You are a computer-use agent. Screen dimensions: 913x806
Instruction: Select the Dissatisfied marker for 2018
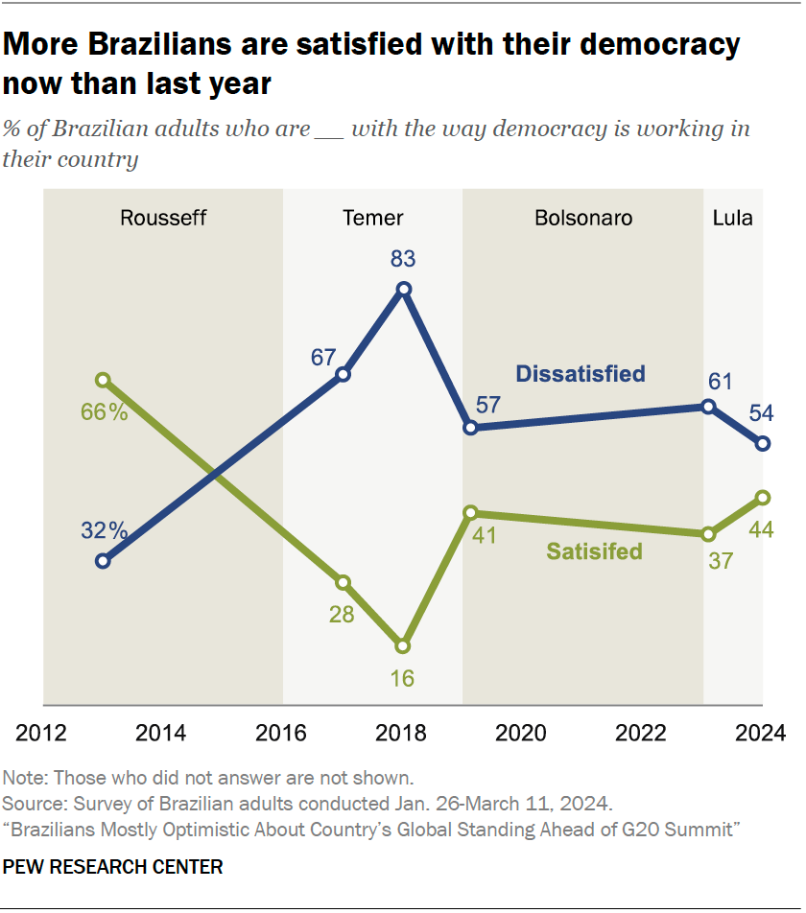point(404,289)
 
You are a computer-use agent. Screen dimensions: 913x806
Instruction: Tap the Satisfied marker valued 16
point(404,645)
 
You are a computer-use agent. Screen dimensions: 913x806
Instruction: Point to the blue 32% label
point(104,529)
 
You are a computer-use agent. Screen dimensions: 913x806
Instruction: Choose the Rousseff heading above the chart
point(163,218)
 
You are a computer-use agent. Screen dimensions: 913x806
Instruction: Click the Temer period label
point(373,218)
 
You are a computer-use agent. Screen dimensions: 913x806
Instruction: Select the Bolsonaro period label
point(583,218)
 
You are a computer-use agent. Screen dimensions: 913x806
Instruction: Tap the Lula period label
point(732,218)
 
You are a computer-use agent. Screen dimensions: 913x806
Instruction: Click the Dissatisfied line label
point(580,374)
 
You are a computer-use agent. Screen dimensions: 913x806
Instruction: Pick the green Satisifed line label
point(594,551)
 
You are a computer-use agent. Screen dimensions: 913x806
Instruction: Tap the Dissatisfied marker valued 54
point(763,443)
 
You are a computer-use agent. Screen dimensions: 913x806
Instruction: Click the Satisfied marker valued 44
point(763,497)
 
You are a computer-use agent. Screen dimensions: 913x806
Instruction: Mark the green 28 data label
point(342,615)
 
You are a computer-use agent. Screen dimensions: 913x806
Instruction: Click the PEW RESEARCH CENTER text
point(113,867)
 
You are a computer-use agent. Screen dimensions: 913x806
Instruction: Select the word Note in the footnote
point(22,778)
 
